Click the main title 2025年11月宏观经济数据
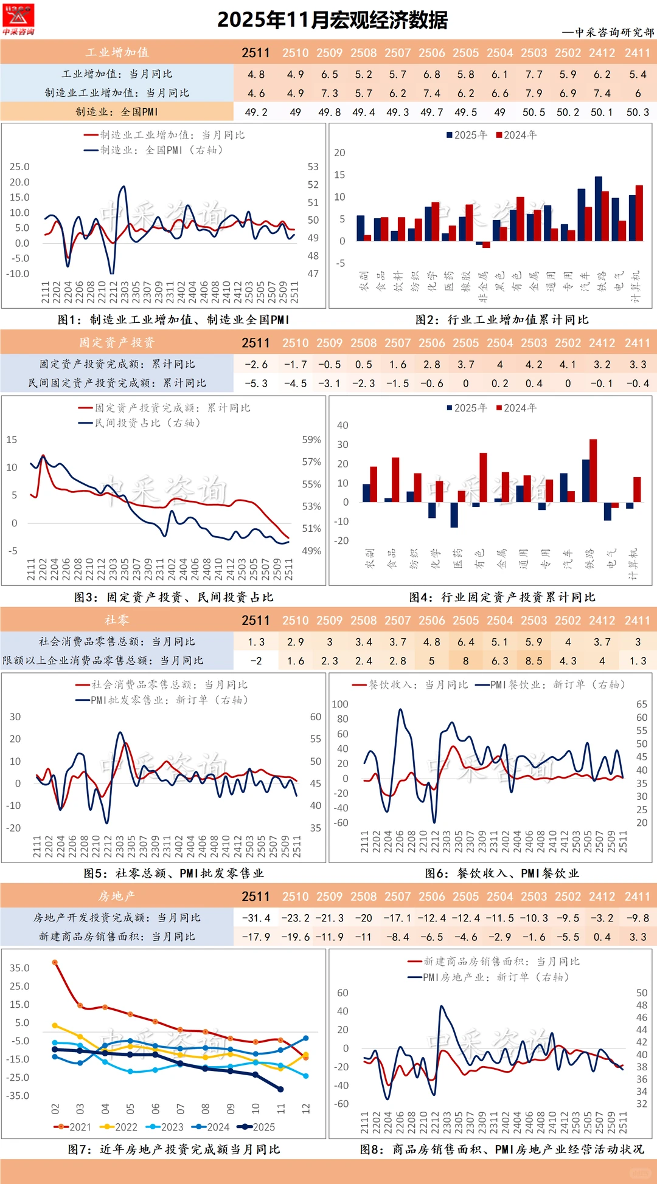332,20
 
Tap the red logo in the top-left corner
18,19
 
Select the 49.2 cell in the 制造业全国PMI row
256,112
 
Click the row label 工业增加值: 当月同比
117,74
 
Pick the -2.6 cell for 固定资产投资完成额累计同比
256,364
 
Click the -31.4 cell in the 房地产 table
256,918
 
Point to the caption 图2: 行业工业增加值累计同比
502,319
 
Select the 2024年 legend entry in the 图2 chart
516,135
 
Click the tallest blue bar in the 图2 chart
598,208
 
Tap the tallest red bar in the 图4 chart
593,470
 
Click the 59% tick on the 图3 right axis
311,439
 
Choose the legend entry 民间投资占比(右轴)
140,422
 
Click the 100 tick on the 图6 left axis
340,704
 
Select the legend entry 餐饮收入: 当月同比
411,684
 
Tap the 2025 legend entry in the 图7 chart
257,1127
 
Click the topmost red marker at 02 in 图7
55,962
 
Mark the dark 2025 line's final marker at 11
280,1089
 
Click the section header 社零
117,620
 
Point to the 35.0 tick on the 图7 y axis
19,968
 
